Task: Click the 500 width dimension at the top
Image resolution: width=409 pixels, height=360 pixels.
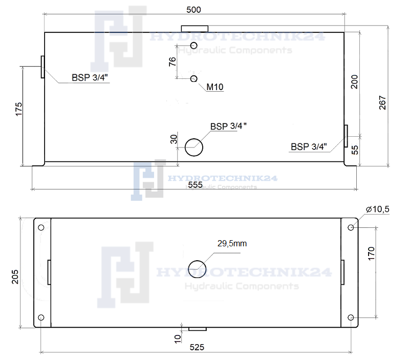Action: tap(193, 10)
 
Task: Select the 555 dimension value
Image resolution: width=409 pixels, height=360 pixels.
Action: tap(195, 185)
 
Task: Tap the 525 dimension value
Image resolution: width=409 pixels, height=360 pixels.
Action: tap(197, 347)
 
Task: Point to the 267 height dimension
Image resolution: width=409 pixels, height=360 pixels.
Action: tap(382, 102)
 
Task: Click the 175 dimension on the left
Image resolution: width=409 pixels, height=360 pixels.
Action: tap(18, 109)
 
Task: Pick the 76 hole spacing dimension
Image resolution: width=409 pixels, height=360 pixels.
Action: tap(173, 61)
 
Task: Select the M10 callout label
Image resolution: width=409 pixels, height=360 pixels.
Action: tap(215, 87)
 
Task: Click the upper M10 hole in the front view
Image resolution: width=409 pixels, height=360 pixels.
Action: tap(194, 46)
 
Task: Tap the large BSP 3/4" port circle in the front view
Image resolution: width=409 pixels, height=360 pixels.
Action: tap(194, 147)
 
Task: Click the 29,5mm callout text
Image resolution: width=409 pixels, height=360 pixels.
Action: tap(232, 243)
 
